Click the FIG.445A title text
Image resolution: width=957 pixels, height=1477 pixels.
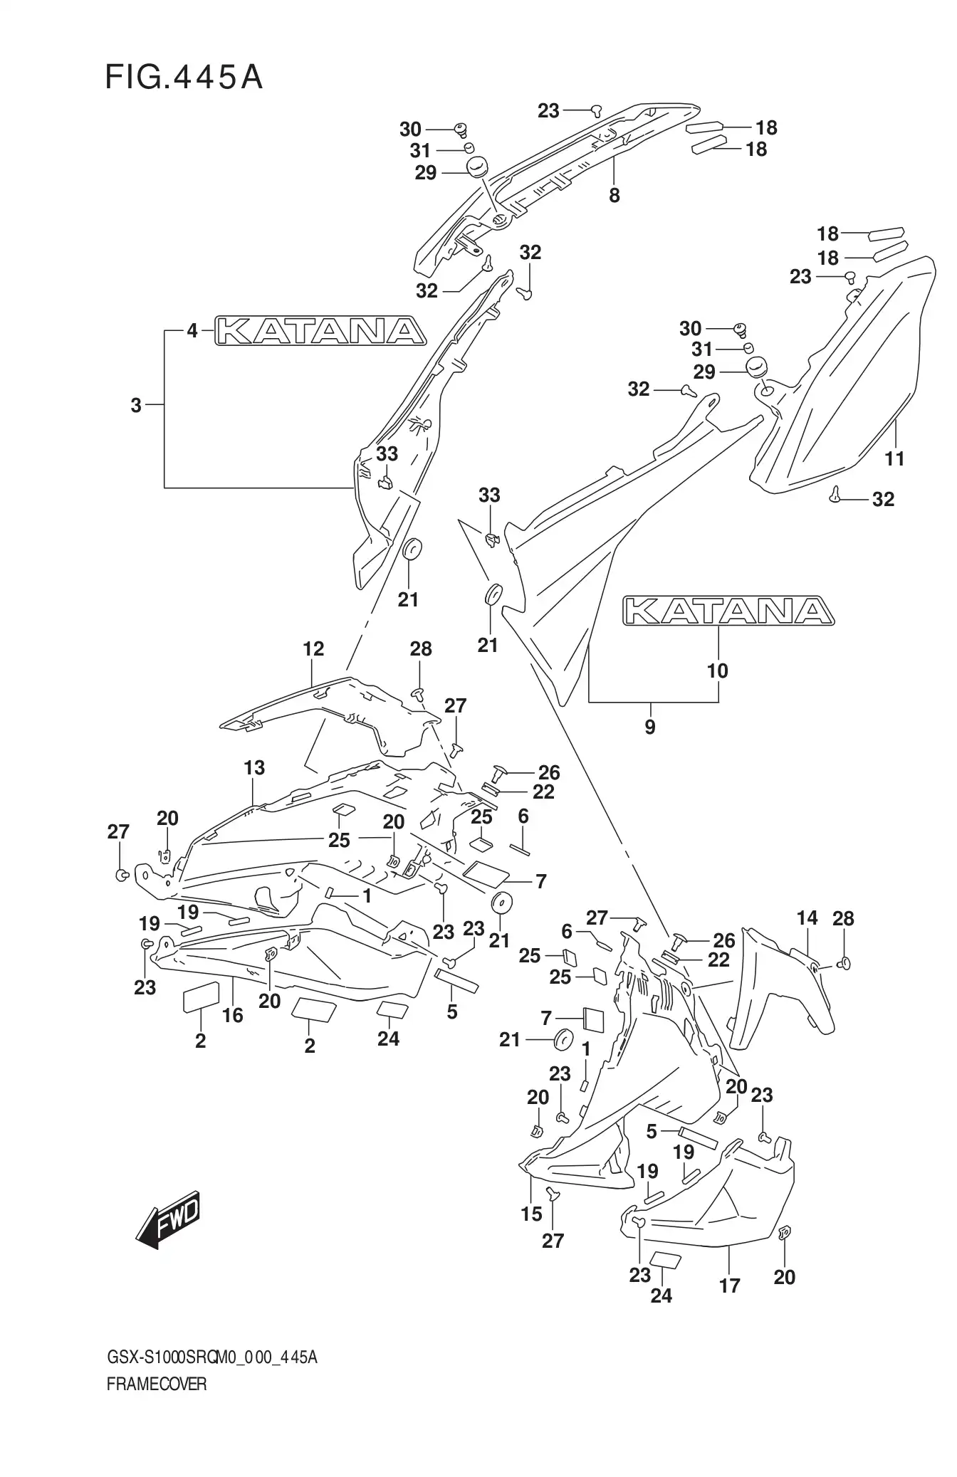[184, 77]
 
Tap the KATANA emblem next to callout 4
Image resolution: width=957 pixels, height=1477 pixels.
[320, 330]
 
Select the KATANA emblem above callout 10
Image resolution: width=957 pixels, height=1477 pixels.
[728, 611]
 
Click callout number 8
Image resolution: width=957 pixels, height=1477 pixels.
[615, 195]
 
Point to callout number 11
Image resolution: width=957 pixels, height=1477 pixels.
[894, 458]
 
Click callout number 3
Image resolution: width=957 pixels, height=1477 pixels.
[136, 406]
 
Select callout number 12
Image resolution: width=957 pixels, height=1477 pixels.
[313, 648]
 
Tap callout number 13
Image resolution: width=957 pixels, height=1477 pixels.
[254, 768]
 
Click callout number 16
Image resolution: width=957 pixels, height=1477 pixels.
[233, 1015]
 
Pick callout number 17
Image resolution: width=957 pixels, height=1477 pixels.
[730, 1286]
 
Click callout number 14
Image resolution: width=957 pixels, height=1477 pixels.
[807, 918]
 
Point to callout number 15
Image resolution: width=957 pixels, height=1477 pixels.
[531, 1214]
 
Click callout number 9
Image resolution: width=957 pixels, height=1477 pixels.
[649, 727]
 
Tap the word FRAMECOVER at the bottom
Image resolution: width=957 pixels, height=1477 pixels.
[157, 1385]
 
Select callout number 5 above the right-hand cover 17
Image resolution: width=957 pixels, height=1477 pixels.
[652, 1131]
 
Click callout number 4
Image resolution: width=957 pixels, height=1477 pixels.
[192, 331]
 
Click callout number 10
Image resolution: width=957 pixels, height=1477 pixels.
[718, 671]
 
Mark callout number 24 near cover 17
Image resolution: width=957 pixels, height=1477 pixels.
[661, 1295]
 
